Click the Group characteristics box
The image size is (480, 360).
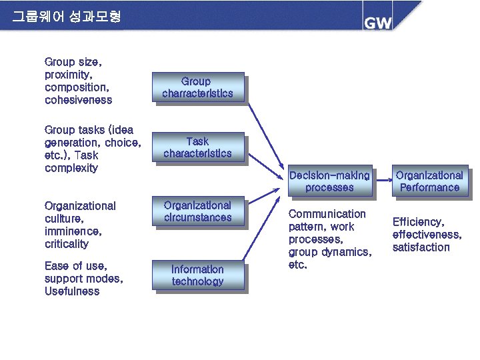point(197,87)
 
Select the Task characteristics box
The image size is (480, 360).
point(197,147)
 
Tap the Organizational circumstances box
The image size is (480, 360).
point(197,211)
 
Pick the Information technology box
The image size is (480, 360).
point(197,275)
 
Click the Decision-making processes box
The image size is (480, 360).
point(329,181)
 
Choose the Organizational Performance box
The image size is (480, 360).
point(429,181)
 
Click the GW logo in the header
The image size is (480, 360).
point(377,22)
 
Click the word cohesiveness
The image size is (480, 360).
point(78,100)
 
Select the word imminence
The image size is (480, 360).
point(73,231)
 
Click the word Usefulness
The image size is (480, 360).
point(72,291)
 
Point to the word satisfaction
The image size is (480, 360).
point(421,247)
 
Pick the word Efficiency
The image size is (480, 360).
point(418,222)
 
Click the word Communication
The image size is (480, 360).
point(327,214)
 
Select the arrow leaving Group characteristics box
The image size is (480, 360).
point(263,130)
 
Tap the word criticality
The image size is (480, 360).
point(66,244)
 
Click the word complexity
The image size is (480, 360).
point(71,168)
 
